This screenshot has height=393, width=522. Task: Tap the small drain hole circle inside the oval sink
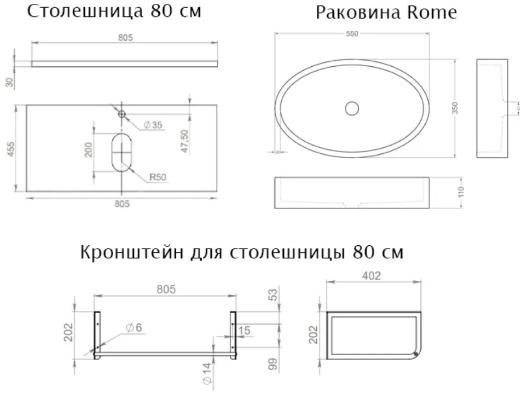click(x=352, y=108)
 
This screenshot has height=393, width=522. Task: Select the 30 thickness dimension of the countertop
click(x=9, y=82)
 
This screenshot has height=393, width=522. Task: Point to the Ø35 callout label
click(x=153, y=125)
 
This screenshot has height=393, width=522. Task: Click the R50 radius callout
click(x=158, y=177)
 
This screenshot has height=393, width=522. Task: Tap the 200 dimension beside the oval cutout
click(x=88, y=148)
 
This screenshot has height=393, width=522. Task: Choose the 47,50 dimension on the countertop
click(x=184, y=141)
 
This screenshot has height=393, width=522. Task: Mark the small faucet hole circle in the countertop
click(x=121, y=114)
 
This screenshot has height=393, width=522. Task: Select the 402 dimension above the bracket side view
click(x=372, y=276)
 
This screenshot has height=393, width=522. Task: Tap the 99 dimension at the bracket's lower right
click(x=272, y=363)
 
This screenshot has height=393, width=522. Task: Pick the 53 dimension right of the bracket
click(x=272, y=294)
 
